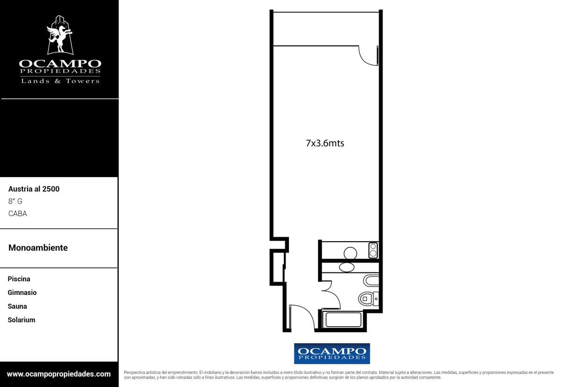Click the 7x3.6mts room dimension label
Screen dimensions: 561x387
[325, 143]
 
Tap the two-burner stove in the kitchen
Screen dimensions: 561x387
[373, 250]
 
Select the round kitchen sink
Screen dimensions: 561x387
[350, 253]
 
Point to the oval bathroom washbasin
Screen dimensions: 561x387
[346, 267]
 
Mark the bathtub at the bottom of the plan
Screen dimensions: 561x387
[343, 319]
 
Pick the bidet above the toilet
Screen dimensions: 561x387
[371, 280]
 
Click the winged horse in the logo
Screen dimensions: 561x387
[60, 37]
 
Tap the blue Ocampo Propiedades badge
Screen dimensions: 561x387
[332, 353]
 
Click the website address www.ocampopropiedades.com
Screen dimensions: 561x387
[58, 374]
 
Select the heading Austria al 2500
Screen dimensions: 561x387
[34, 189]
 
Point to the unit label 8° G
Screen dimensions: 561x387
[15, 201]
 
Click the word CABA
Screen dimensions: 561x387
[18, 214]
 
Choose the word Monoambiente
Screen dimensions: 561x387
[38, 248]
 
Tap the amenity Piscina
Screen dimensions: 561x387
[19, 279]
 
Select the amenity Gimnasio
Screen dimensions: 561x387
[22, 293]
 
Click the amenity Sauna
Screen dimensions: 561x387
[17, 306]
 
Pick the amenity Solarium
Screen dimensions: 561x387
[22, 320]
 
